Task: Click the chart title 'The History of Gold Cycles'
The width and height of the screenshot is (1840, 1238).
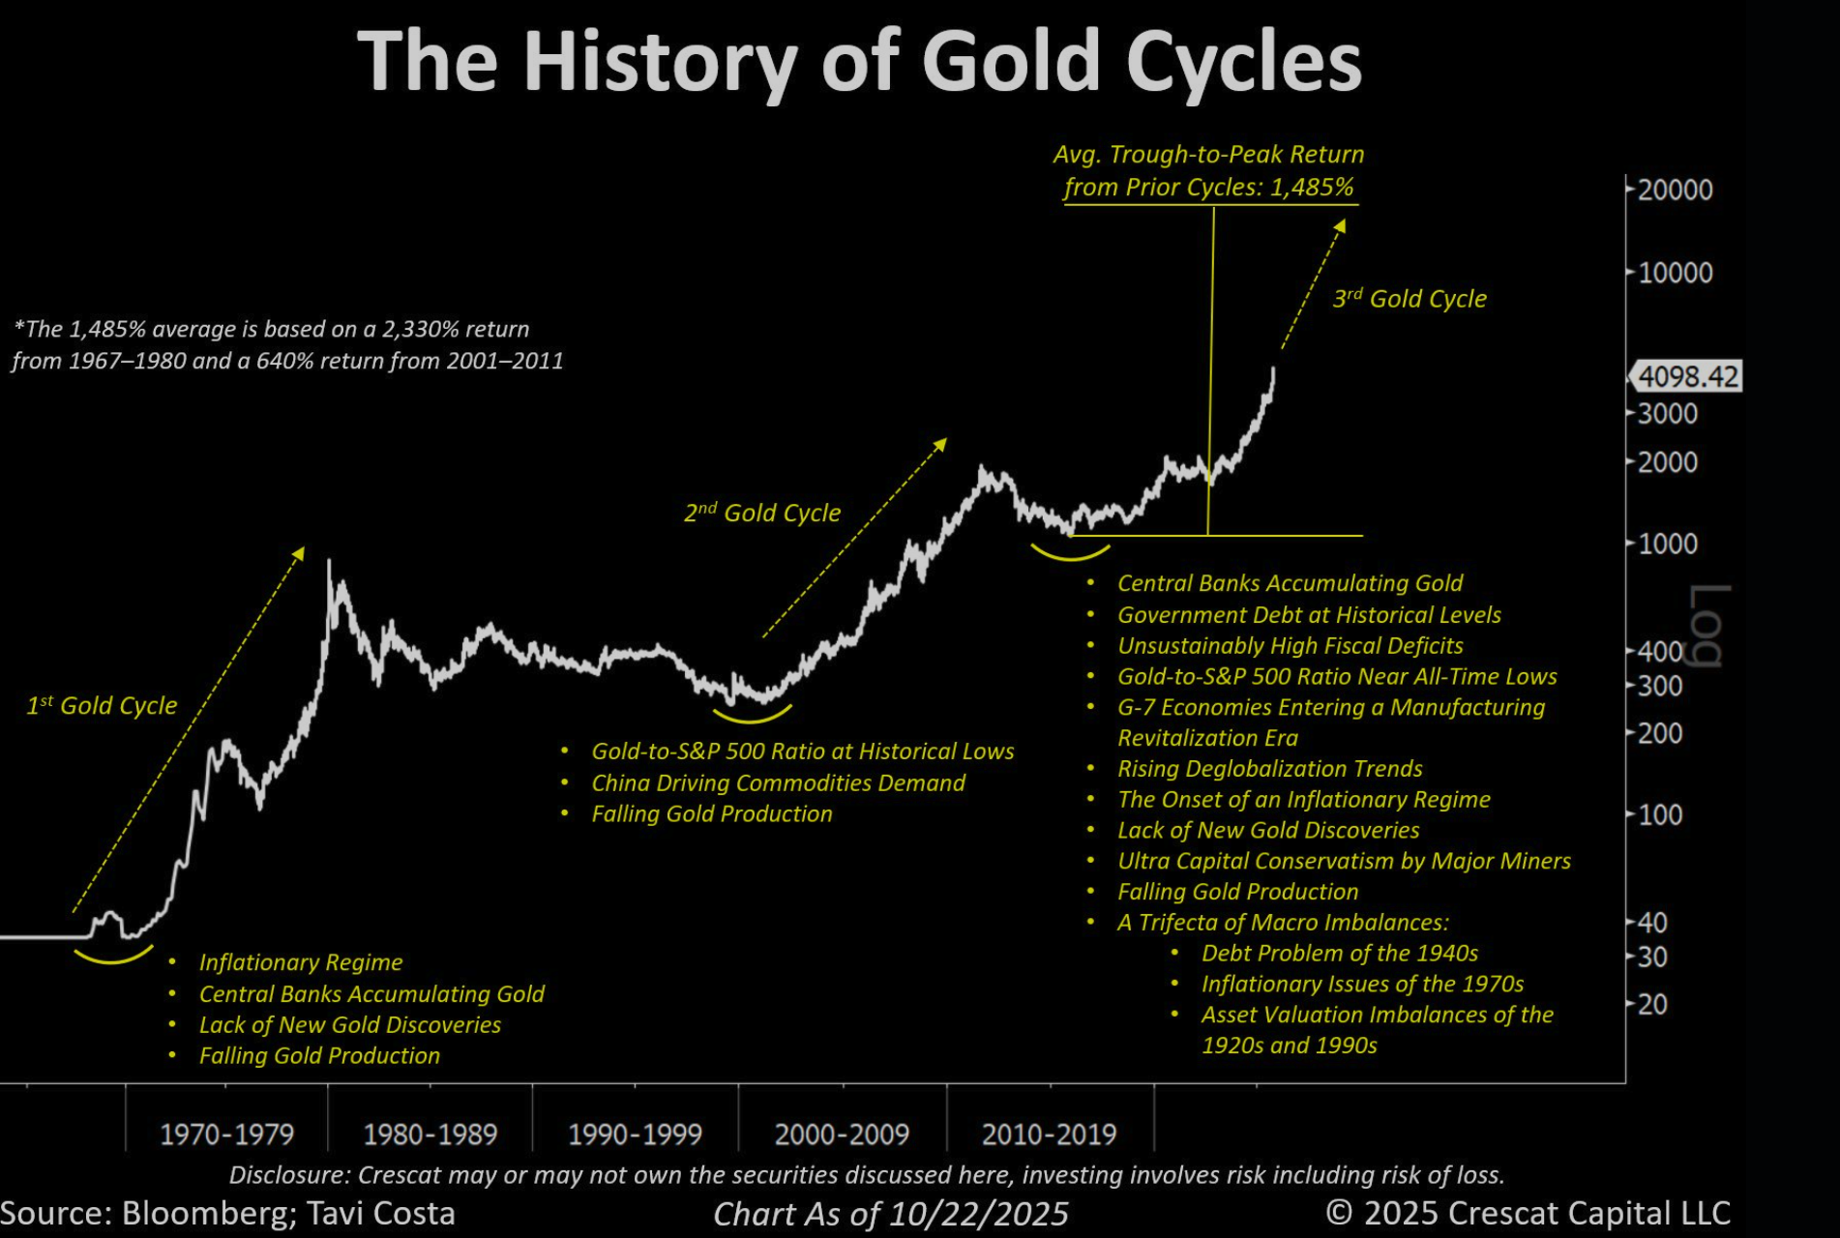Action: tap(859, 62)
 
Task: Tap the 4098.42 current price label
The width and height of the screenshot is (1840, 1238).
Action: tap(1688, 376)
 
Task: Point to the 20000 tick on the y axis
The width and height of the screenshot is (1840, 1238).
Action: tap(1675, 190)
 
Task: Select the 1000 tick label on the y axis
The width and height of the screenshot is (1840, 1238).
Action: tap(1667, 544)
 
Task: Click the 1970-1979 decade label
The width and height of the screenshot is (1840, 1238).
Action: tap(226, 1134)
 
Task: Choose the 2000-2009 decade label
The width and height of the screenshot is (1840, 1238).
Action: tap(842, 1134)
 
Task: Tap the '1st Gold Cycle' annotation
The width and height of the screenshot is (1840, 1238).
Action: tap(102, 706)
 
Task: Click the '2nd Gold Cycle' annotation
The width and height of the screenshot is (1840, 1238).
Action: tap(762, 513)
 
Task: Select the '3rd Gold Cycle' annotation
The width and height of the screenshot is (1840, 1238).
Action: tap(1410, 299)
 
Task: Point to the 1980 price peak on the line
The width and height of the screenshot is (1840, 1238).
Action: tap(329, 561)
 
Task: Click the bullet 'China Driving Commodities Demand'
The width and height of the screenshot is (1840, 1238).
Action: tap(778, 782)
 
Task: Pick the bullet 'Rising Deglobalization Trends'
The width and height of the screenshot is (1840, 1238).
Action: tap(1269, 769)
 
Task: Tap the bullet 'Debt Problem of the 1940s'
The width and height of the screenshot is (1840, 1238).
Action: tap(1339, 953)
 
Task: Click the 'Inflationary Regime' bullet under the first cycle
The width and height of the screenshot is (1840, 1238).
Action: tap(300, 962)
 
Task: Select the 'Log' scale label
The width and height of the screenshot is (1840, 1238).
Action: tap(1707, 625)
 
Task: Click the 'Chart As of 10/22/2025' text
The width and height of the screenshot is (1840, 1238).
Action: tap(890, 1214)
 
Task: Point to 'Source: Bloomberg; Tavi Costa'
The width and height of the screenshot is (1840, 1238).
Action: tap(227, 1214)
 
